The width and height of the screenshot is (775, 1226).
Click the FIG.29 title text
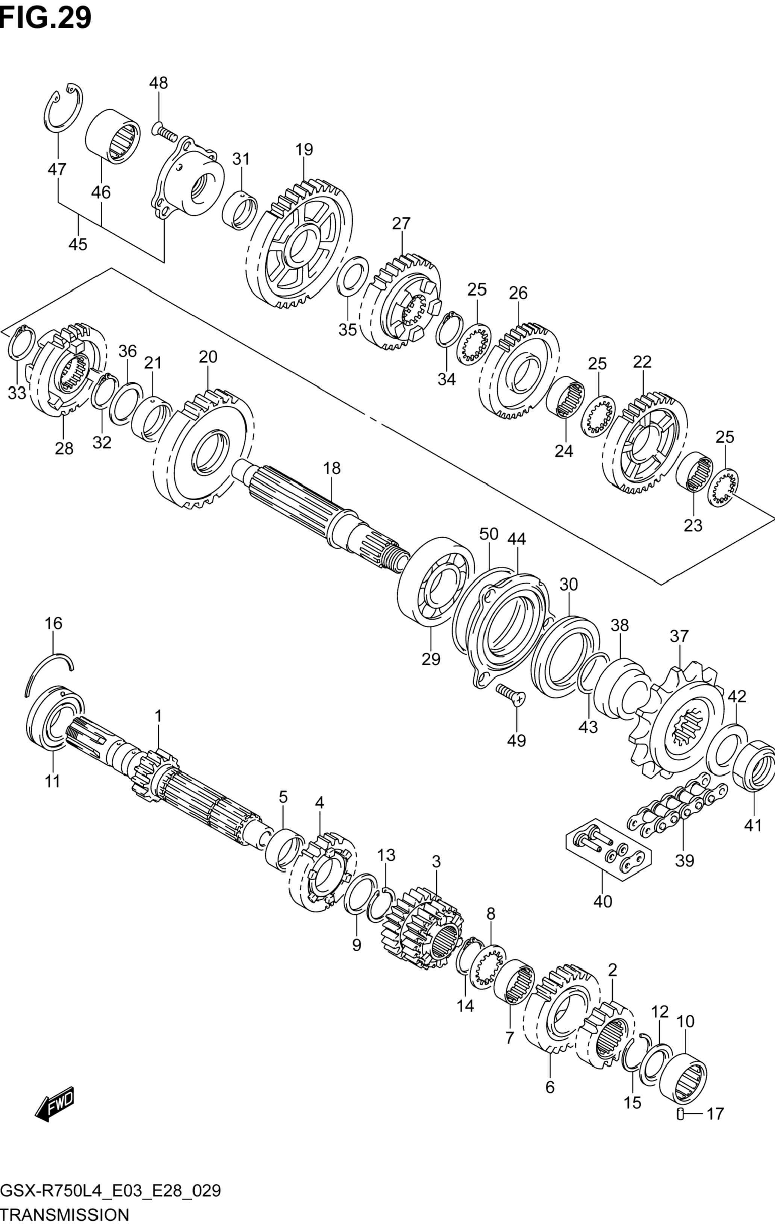point(46,17)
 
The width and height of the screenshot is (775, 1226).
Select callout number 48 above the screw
point(158,82)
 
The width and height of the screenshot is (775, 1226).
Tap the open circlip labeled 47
point(63,106)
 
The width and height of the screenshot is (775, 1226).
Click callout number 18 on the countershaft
point(331,468)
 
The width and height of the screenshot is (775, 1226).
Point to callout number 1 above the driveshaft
point(158,716)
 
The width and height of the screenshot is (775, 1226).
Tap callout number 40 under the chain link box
point(603,902)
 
